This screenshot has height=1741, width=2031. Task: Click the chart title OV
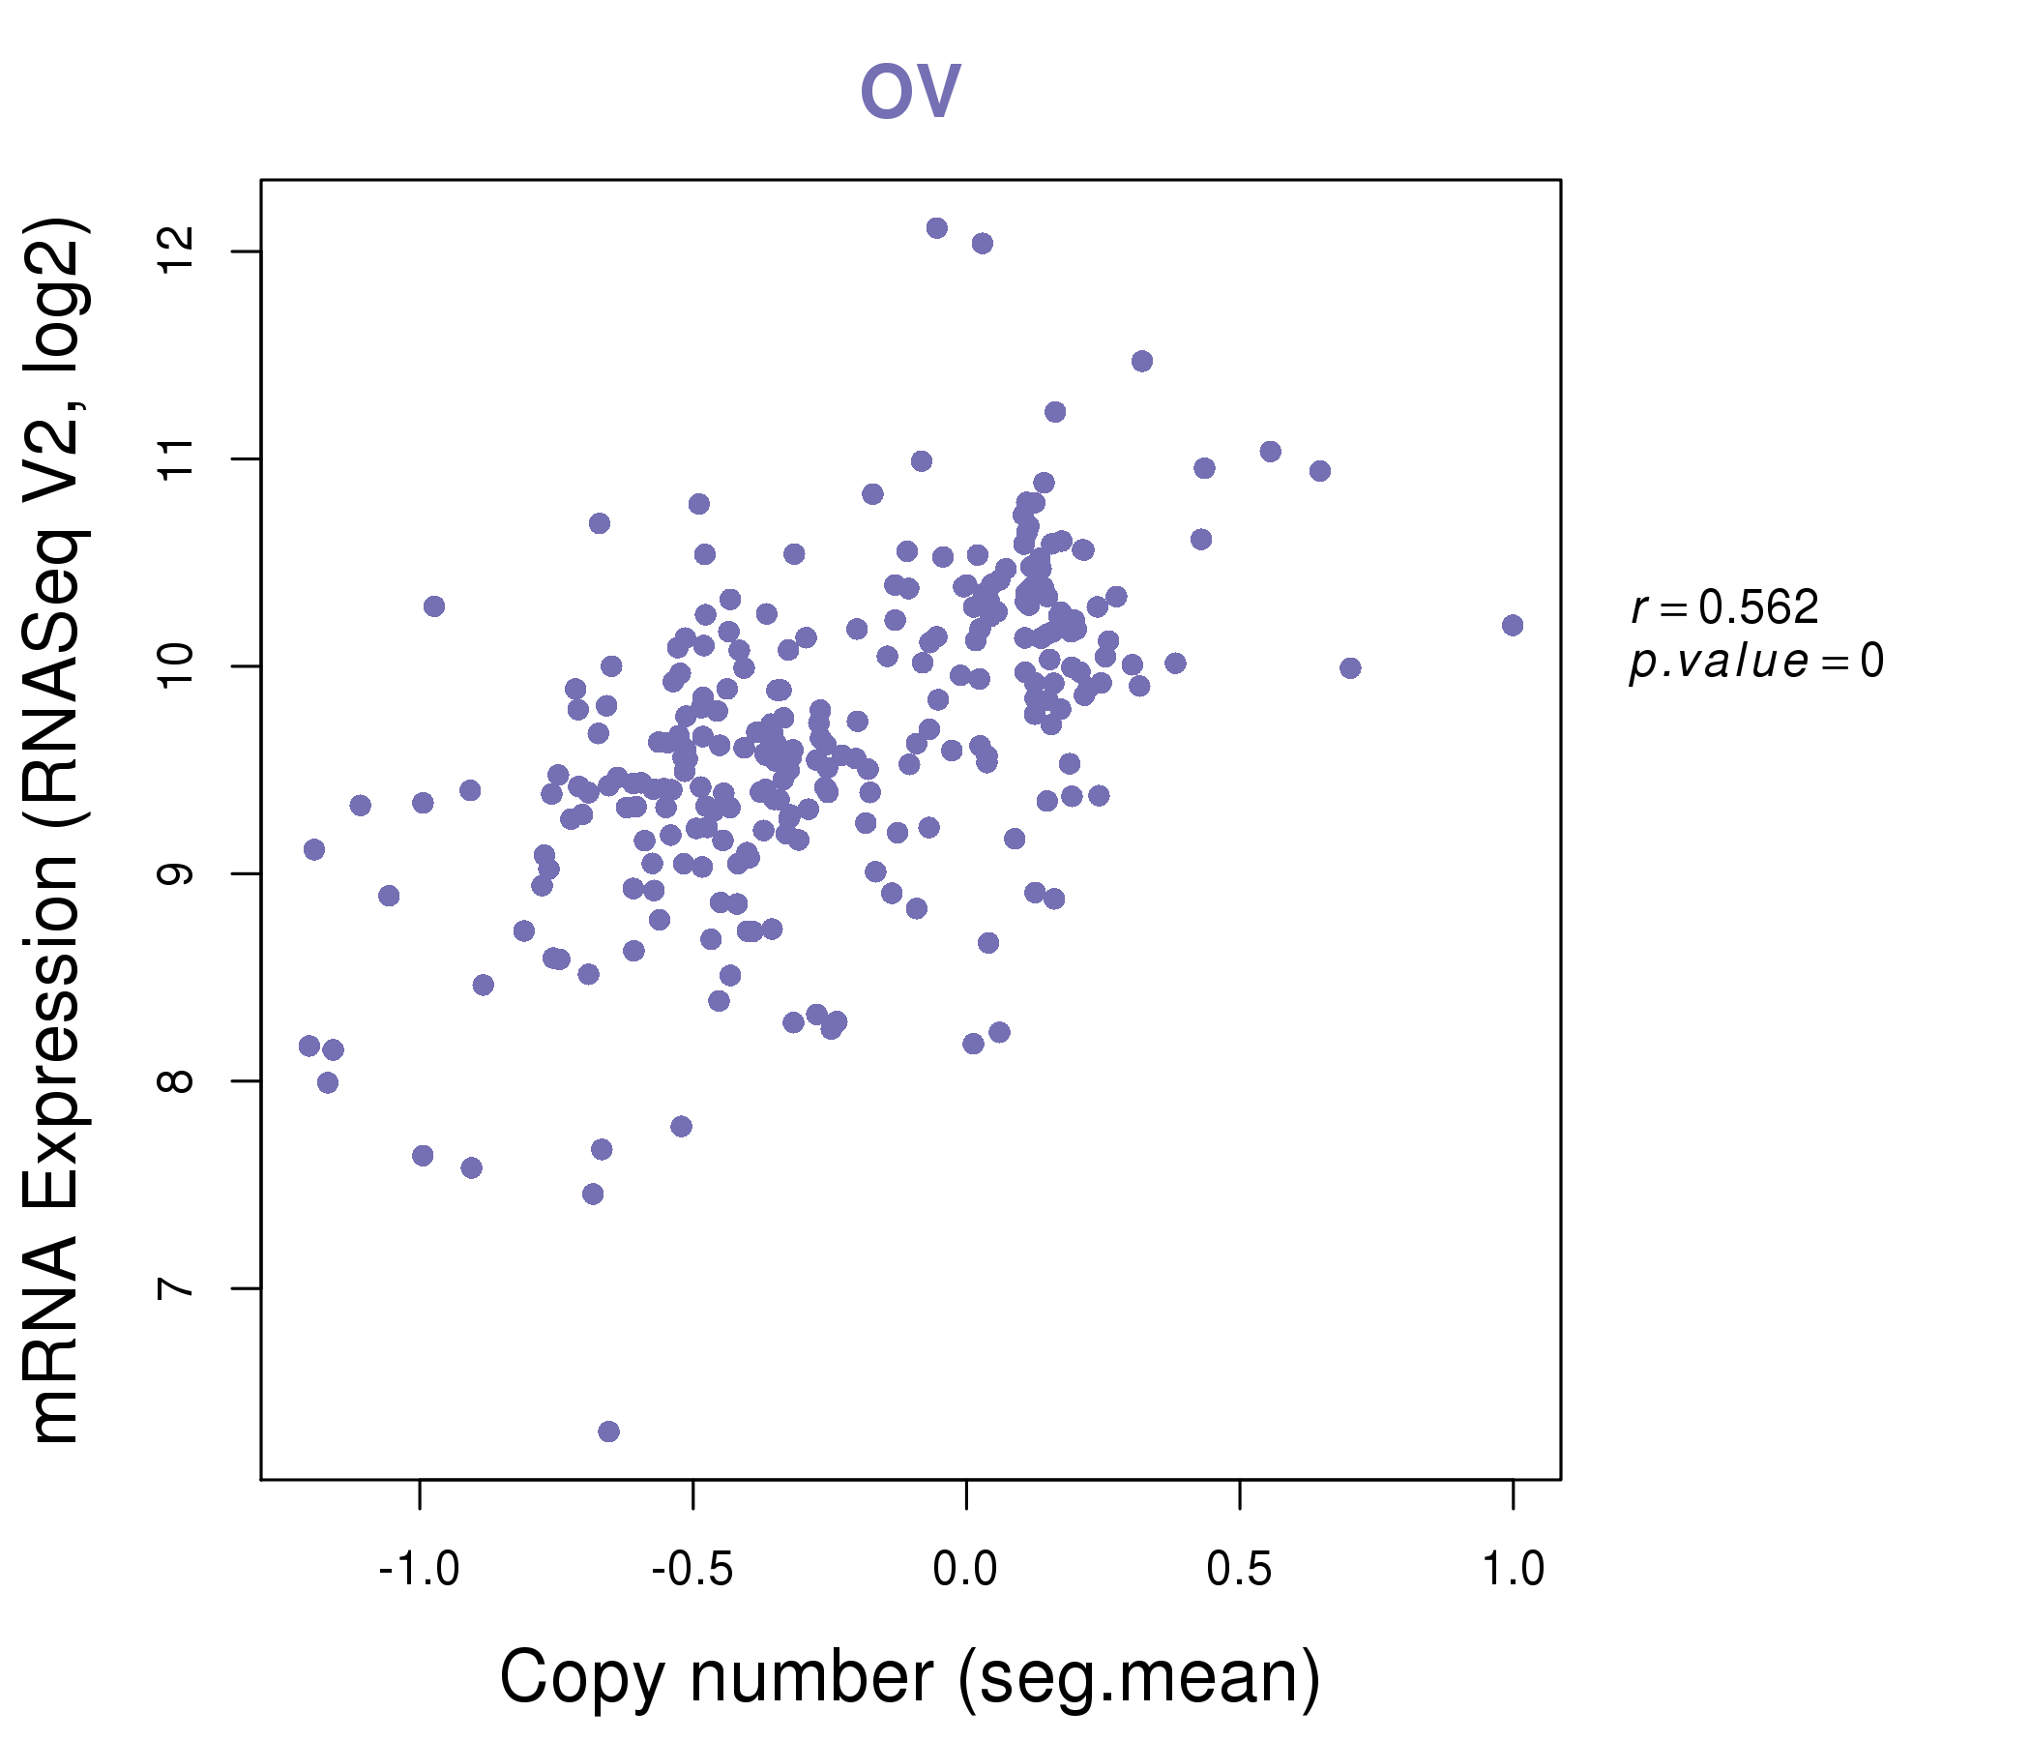(x=910, y=91)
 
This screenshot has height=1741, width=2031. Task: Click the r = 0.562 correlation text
(x=1724, y=607)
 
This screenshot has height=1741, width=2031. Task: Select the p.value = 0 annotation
(x=1755, y=662)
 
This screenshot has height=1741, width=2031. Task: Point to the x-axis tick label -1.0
(x=420, y=1569)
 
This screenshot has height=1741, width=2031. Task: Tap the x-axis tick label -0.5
(x=693, y=1569)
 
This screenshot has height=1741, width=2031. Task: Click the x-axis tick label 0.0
(x=965, y=1569)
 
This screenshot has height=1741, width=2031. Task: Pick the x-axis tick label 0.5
(x=1239, y=1569)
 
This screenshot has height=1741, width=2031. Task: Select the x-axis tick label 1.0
(x=1513, y=1569)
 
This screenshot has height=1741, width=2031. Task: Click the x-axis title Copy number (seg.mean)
(x=910, y=1677)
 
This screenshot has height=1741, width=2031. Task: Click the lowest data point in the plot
(x=608, y=1431)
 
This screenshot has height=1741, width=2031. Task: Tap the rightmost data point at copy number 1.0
(x=1513, y=626)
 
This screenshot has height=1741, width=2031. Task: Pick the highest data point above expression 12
(x=937, y=228)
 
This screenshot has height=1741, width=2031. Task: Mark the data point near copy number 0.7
(x=1351, y=668)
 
